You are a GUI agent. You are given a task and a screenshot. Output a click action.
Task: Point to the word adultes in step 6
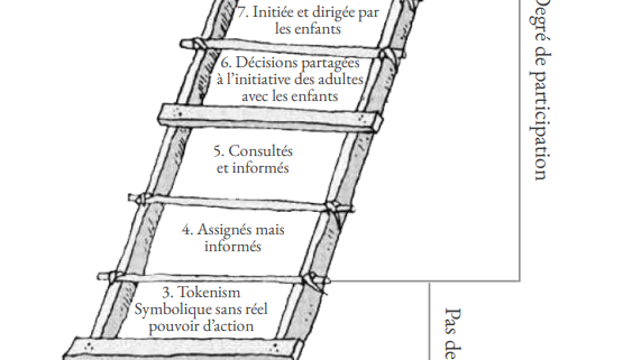(344, 80)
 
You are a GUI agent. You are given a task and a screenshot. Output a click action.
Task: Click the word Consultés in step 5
(257, 151)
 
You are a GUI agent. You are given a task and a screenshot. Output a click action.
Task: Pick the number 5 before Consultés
(217, 151)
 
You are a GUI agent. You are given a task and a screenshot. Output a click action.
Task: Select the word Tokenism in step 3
(211, 292)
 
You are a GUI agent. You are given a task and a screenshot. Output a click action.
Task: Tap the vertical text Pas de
(449, 330)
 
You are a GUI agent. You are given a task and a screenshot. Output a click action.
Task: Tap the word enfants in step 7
(306, 29)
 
